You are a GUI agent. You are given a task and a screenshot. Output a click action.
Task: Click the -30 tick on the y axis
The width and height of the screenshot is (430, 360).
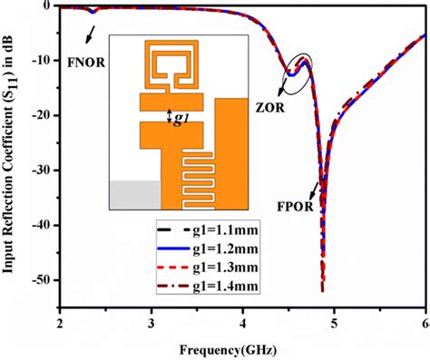coord(41,170)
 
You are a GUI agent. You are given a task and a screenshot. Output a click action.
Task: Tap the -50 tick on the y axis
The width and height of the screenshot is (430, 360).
coord(41,281)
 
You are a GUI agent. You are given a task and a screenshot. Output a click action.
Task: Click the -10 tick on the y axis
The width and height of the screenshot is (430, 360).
coord(41,61)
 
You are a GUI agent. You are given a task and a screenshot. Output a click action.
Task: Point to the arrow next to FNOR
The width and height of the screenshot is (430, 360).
coord(88,33)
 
